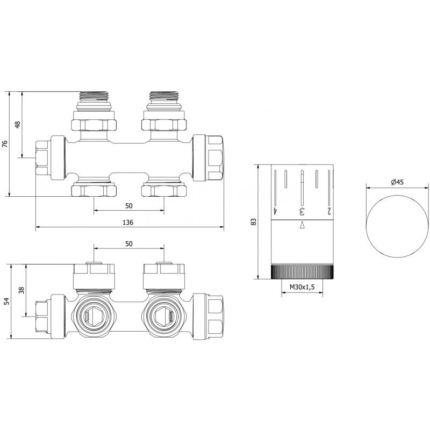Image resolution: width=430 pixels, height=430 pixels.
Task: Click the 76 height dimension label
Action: coord(5,144)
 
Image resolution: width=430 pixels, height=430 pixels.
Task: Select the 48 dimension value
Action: coord(18,125)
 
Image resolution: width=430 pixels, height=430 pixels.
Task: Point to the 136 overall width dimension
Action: coord(128,223)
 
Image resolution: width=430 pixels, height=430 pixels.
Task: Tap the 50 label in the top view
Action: coord(129,206)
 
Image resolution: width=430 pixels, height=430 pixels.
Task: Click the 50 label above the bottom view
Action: coord(129,243)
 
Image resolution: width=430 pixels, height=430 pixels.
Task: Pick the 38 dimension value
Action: coord(21,290)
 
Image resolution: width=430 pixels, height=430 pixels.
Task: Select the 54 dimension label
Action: coord(7,301)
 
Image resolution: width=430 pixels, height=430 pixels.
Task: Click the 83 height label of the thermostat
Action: coord(254,222)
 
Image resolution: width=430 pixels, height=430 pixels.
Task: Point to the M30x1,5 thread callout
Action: coord(302,287)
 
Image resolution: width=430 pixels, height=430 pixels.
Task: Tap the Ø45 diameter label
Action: coord(397,182)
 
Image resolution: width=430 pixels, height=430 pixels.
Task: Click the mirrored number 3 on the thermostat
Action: coord(302,212)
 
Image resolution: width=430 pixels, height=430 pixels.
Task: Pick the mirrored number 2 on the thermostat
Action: coord(329,211)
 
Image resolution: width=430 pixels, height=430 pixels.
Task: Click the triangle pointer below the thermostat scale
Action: coord(302,225)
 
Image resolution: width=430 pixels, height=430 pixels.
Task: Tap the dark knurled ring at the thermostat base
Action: coord(302,272)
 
